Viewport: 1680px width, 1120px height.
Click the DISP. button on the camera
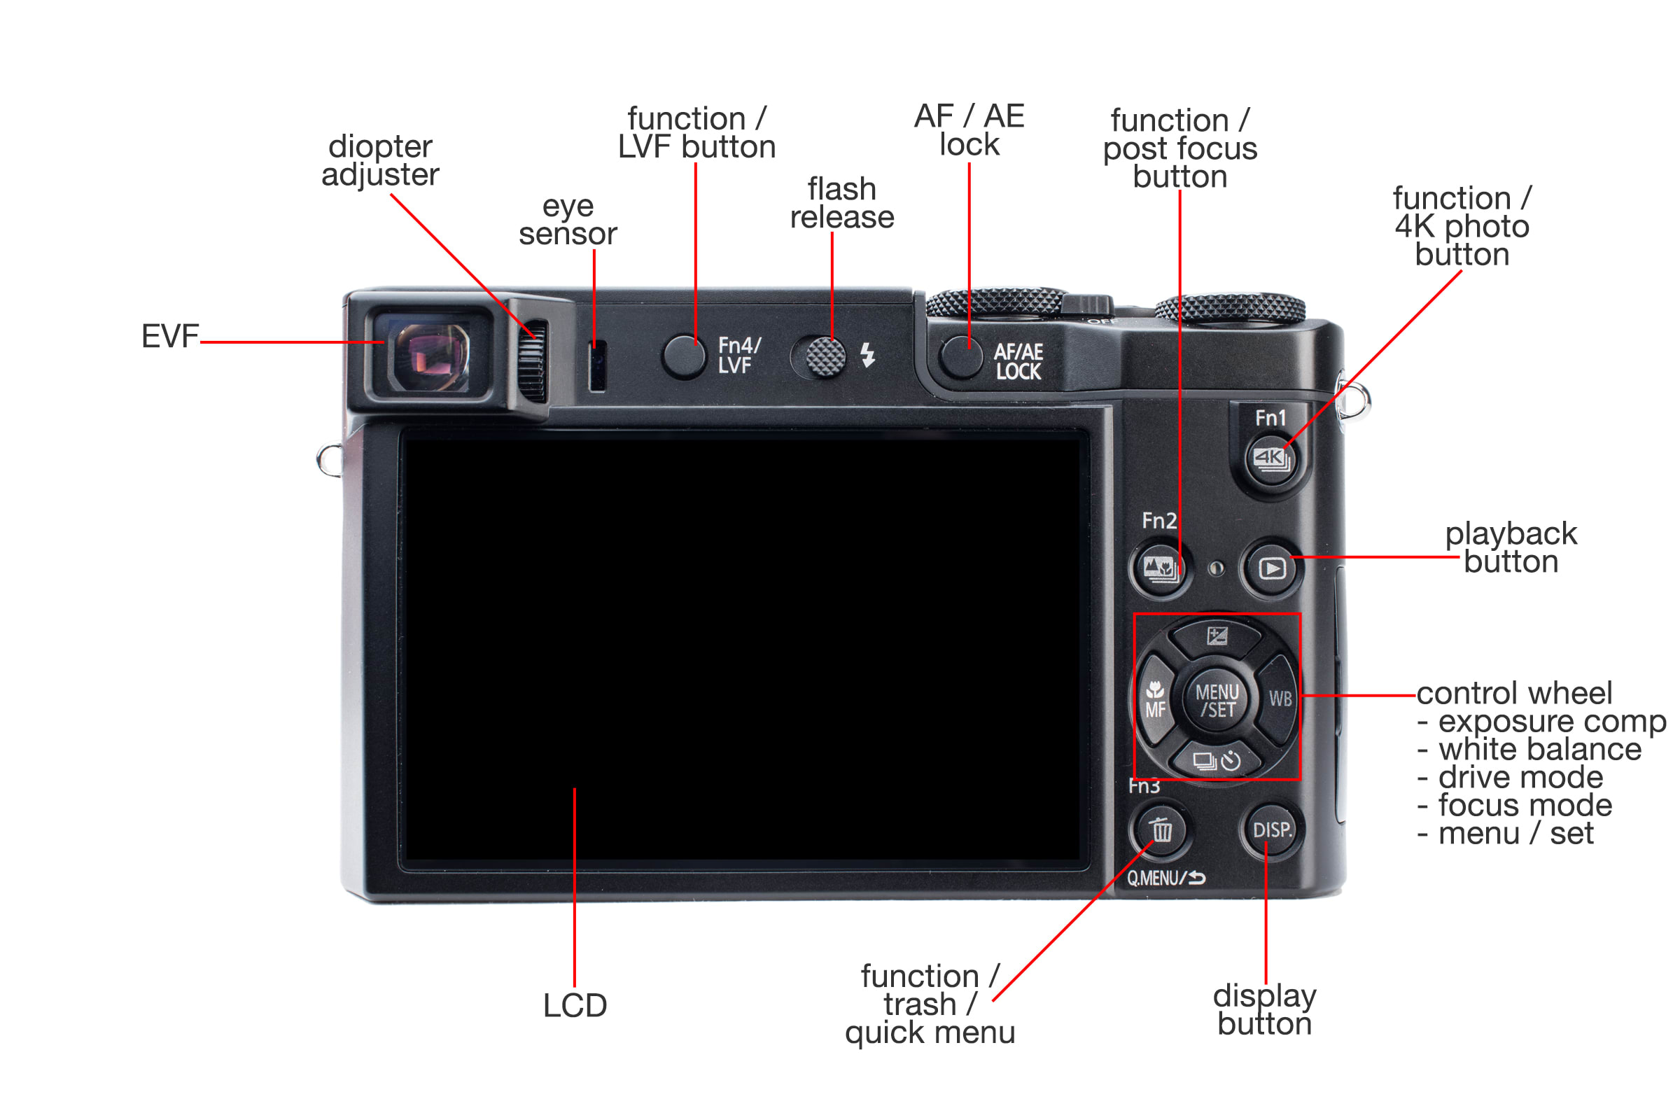[1272, 830]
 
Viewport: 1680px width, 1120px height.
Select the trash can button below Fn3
[1161, 830]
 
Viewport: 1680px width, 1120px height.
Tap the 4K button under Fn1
[1271, 458]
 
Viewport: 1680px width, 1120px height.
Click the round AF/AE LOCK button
[961, 356]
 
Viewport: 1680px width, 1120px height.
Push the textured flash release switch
[826, 356]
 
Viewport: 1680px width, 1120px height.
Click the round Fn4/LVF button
[684, 356]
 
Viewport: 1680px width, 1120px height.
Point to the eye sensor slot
[597, 365]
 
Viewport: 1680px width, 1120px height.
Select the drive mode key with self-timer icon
[1217, 760]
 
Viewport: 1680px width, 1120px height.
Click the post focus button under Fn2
[1160, 568]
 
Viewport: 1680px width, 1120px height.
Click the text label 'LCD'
[575, 1006]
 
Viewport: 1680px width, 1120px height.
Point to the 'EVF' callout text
[170, 337]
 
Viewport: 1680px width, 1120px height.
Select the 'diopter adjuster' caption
[380, 161]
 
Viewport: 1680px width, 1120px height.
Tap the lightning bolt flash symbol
[868, 355]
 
